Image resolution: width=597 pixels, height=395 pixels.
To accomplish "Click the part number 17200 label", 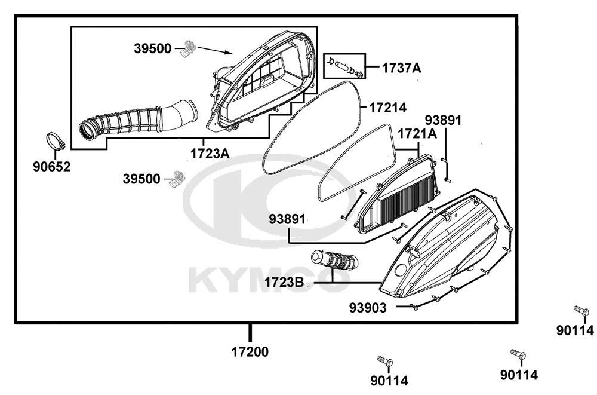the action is pyautogui.click(x=250, y=351).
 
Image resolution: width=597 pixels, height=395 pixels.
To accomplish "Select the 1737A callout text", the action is pyautogui.click(x=401, y=68).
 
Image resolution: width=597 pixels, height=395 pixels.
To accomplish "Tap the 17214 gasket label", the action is pyautogui.click(x=387, y=108).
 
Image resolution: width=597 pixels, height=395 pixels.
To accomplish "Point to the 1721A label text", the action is pyautogui.click(x=417, y=134).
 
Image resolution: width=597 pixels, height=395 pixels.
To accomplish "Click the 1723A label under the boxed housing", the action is pyautogui.click(x=210, y=154).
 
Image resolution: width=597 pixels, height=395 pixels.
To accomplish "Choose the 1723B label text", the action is pyautogui.click(x=284, y=283).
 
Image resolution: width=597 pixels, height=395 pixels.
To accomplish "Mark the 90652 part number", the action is pyautogui.click(x=52, y=167).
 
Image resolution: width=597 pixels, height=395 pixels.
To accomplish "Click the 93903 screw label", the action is pyautogui.click(x=368, y=308).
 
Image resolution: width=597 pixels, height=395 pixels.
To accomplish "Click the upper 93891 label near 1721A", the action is pyautogui.click(x=443, y=120).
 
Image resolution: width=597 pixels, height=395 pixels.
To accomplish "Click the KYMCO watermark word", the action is pyautogui.click(x=269, y=281).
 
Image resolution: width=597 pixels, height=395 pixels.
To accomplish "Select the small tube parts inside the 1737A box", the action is pyautogui.click(x=345, y=66).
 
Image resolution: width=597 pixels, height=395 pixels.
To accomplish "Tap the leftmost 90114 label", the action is pyautogui.click(x=389, y=380).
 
